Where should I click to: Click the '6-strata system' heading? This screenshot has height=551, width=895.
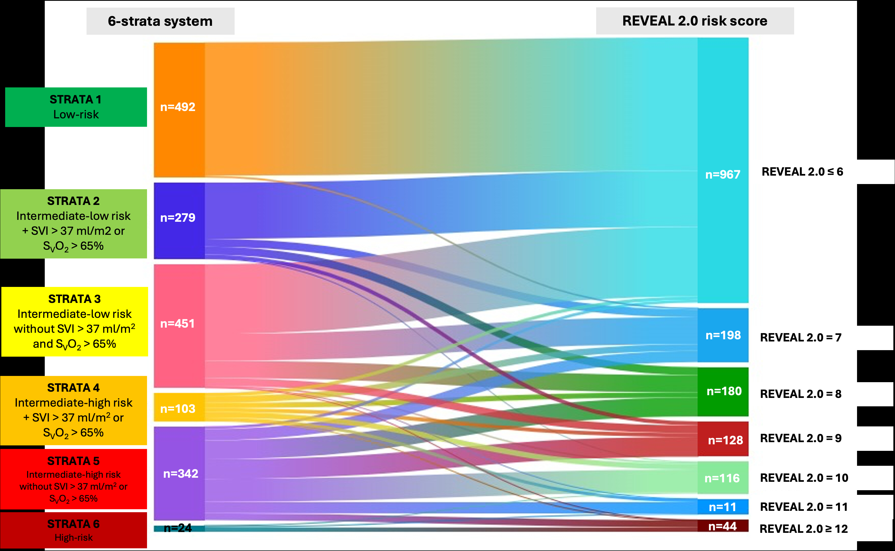tap(160, 21)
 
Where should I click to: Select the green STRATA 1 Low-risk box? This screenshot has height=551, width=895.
tap(76, 107)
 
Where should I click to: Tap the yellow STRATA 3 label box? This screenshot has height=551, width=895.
tap(75, 321)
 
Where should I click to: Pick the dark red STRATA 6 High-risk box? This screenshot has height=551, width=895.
tap(73, 530)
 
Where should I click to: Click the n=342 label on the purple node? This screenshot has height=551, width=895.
tap(181, 473)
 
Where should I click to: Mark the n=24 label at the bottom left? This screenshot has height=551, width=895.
tap(178, 528)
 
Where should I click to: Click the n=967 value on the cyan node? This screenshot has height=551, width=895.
tap(723, 175)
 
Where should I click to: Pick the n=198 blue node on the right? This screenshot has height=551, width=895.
tap(723, 335)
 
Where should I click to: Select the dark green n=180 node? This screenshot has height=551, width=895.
tap(724, 391)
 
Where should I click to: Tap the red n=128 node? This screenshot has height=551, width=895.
tap(725, 440)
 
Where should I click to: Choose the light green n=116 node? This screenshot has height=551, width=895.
tap(722, 478)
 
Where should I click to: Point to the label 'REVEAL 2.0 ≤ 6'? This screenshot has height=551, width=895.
tap(802, 172)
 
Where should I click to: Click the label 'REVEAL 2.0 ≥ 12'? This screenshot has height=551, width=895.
tap(804, 529)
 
